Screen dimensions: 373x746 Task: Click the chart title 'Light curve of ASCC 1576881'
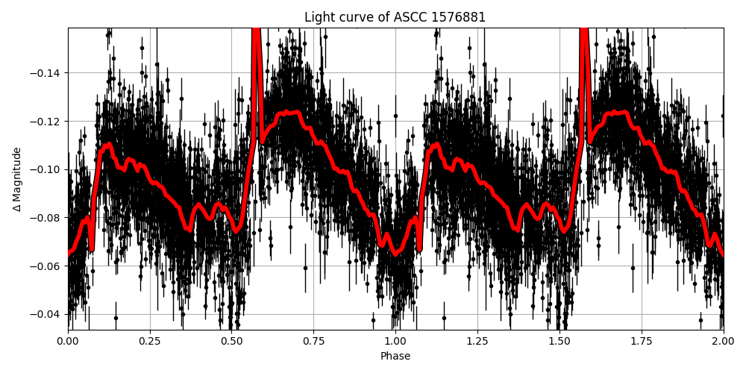point(395,17)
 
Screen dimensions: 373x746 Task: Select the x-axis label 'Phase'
point(395,357)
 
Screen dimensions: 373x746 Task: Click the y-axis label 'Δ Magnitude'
point(17,179)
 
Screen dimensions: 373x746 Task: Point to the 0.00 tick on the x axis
point(68,342)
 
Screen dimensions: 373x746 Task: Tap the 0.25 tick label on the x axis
point(150,342)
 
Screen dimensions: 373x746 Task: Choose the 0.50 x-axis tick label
point(231,342)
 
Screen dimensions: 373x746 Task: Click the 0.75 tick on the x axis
point(313,342)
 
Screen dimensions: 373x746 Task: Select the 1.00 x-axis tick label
point(395,342)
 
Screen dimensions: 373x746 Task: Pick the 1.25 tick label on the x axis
point(477,342)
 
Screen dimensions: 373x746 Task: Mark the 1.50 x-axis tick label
point(559,342)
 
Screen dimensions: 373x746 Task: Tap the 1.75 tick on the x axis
point(641,342)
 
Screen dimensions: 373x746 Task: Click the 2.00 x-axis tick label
point(723,342)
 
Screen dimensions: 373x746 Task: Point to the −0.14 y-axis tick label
point(47,73)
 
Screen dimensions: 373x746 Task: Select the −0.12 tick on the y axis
point(47,121)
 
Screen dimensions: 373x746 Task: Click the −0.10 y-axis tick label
point(47,169)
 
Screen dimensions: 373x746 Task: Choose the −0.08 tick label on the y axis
point(47,218)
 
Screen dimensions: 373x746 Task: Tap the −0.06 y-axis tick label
point(47,266)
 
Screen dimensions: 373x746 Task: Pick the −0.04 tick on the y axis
point(47,314)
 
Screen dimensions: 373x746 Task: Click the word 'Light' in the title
point(319,17)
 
